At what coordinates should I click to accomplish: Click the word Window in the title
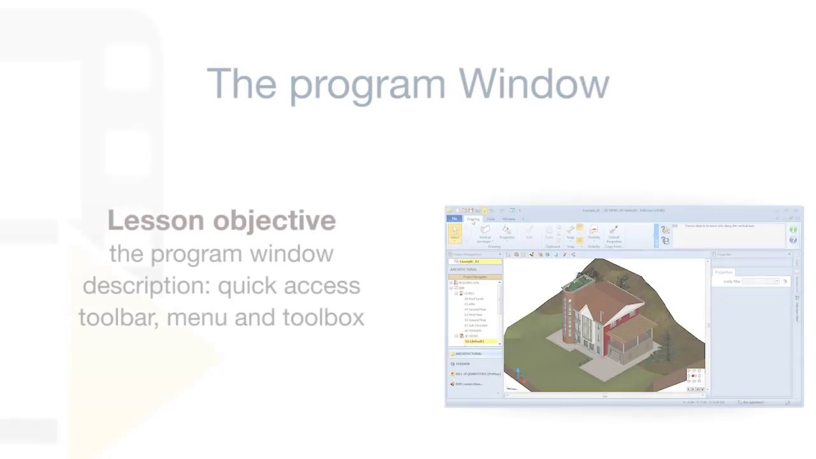tap(534, 84)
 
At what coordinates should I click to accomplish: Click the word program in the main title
tap(367, 85)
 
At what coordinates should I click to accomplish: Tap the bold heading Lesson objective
tap(221, 221)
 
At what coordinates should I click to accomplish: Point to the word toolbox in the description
tap(323, 317)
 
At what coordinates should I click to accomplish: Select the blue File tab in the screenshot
tap(454, 219)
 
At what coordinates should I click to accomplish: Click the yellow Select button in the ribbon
tap(455, 233)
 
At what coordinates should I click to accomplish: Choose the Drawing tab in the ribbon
tap(473, 219)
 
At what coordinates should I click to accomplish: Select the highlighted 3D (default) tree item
tap(474, 342)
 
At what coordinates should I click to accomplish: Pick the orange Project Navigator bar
tap(474, 277)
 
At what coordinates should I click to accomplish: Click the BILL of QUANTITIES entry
tap(477, 374)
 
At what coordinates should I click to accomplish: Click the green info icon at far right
tap(793, 229)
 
